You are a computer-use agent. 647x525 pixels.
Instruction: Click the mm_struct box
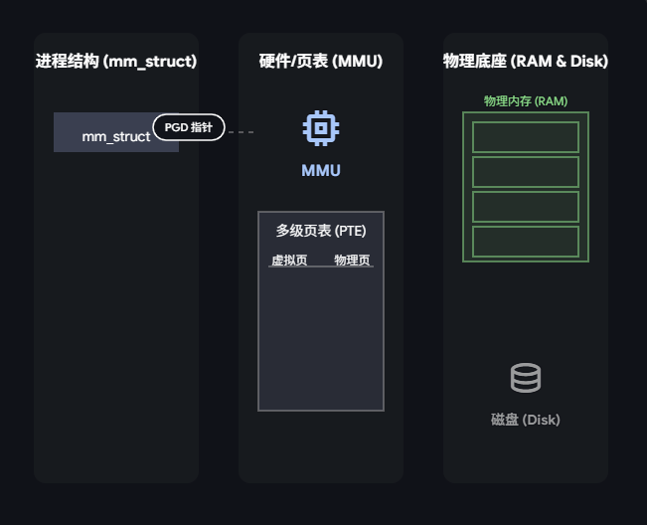[109, 135]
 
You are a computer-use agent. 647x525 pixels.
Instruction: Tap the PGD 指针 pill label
[189, 127]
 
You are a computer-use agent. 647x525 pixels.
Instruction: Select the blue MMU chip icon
[321, 128]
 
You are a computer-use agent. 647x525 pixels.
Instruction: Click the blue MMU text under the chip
[321, 171]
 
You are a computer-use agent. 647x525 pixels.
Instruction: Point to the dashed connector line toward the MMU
[242, 131]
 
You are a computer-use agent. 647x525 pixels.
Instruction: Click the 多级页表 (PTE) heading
[321, 231]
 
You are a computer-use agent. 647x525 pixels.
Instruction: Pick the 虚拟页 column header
[289, 261]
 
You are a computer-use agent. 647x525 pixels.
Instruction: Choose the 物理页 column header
[353, 261]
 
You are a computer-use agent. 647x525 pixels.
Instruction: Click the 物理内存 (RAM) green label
[526, 101]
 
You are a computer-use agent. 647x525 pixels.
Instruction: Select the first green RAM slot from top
[526, 137]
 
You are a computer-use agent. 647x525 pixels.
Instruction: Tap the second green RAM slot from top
[526, 172]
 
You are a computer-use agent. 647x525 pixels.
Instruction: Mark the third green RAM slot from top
[526, 207]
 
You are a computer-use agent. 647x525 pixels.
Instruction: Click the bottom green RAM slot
[526, 242]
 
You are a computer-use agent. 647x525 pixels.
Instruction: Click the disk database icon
[526, 378]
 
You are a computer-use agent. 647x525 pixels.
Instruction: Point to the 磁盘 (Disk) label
[526, 420]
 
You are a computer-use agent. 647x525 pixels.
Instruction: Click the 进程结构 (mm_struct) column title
[116, 62]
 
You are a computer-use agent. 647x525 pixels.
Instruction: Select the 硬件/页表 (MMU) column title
[321, 62]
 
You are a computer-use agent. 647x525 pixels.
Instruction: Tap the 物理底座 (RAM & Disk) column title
[526, 62]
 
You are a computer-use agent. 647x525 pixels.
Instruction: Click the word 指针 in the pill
[202, 127]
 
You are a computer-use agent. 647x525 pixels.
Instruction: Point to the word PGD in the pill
[176, 127]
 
